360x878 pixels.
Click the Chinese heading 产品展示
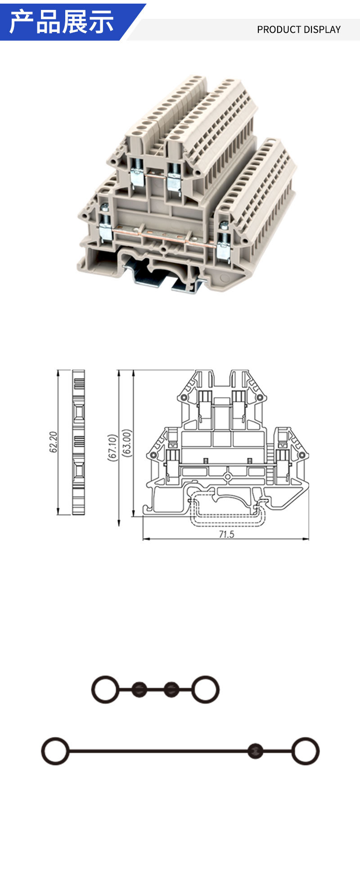[62, 22]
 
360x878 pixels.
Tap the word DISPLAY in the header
[321, 30]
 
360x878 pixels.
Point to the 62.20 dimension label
[54, 442]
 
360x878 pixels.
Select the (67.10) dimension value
[112, 447]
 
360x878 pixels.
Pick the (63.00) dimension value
[127, 444]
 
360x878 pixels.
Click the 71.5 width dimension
[226, 534]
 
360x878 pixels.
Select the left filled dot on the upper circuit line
[139, 689]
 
